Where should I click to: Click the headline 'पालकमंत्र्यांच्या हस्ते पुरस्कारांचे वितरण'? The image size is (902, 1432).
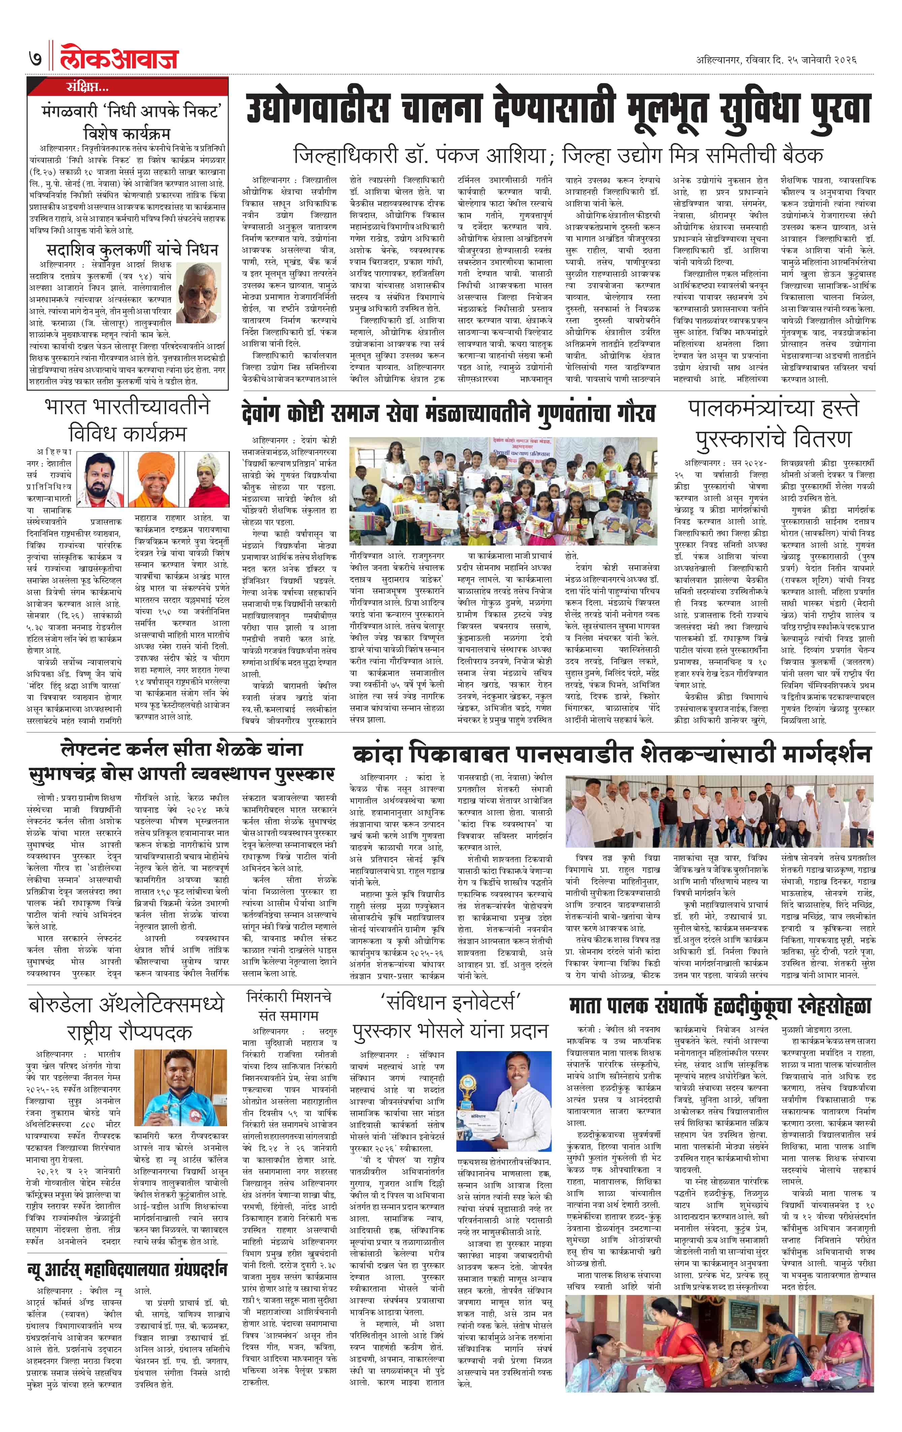pyautogui.click(x=774, y=423)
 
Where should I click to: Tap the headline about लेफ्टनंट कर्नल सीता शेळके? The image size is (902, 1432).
pyautogui.click(x=182, y=762)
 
